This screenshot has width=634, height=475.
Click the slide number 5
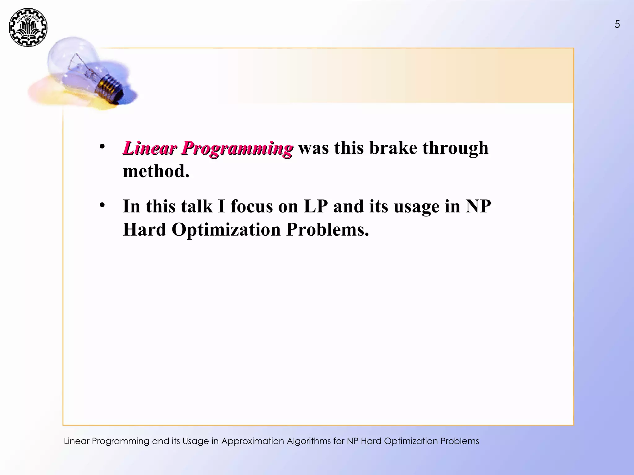tap(617, 24)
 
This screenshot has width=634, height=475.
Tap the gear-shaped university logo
tap(28, 28)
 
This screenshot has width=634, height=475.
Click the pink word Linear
tap(150, 148)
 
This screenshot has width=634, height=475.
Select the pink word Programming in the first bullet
tap(237, 149)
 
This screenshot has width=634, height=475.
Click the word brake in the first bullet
tap(393, 148)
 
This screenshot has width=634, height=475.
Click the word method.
tap(156, 171)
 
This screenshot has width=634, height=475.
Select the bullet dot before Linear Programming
tap(102, 146)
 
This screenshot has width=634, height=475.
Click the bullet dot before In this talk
tap(102, 205)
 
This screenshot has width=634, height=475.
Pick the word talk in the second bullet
tap(197, 206)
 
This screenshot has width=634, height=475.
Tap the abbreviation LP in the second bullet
tap(315, 206)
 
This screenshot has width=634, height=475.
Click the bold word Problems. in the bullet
tap(328, 230)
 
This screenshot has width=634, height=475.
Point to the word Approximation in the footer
tap(252, 441)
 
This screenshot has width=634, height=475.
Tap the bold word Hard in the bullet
tap(145, 230)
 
